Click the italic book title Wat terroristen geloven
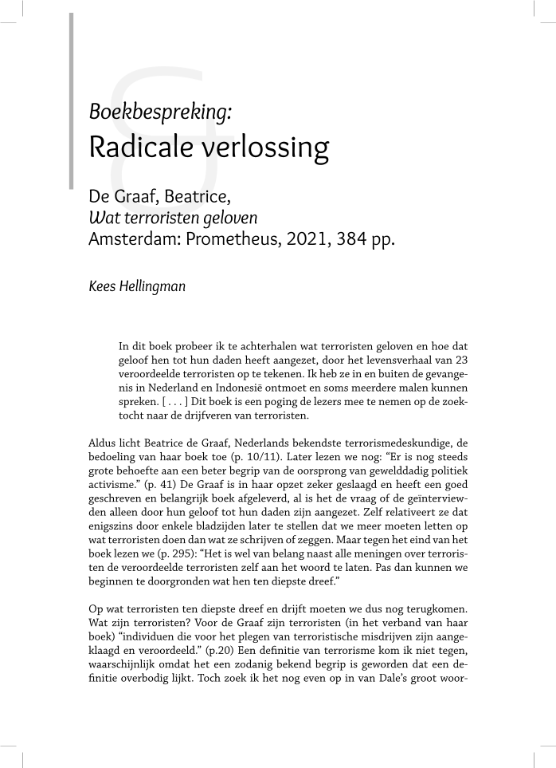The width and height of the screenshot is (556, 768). click(173, 217)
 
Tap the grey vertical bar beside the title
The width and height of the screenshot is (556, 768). click(72, 100)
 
